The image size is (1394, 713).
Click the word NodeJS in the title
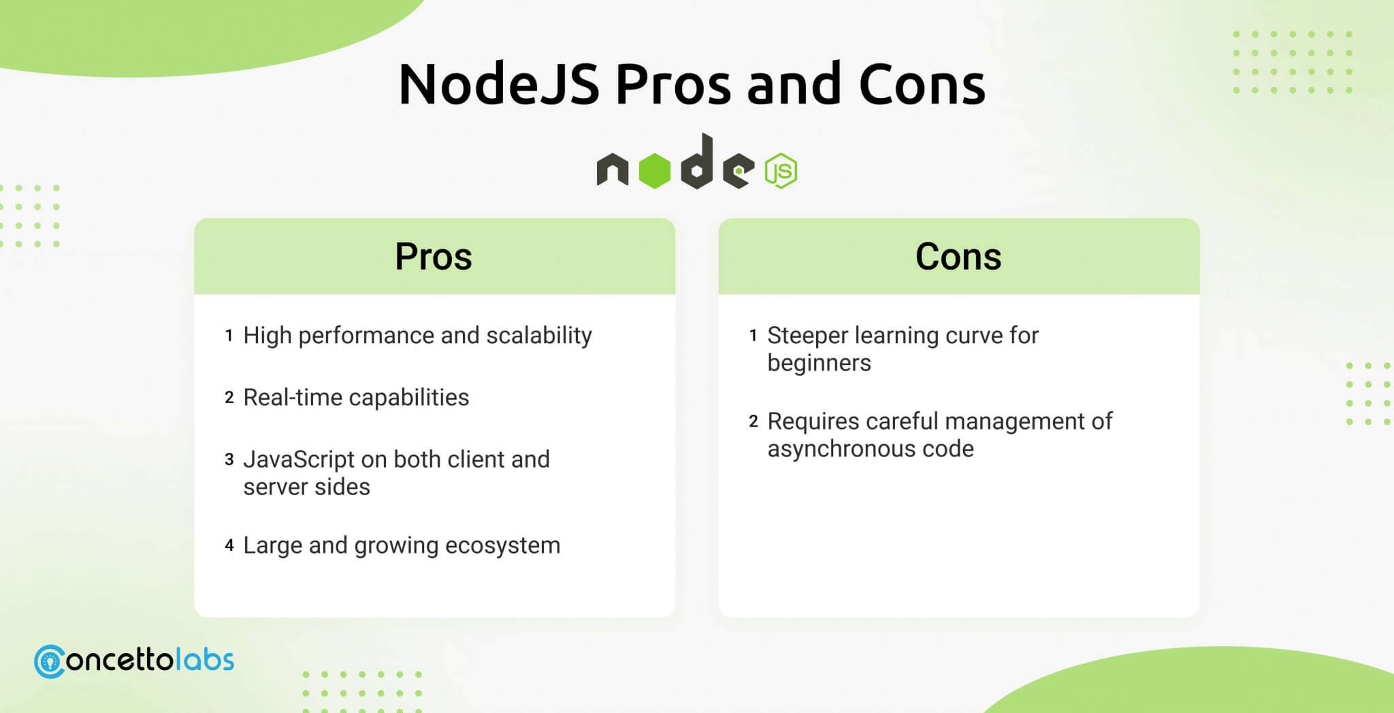499,84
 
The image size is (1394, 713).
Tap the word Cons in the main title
922,84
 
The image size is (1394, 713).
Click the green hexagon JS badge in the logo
781,170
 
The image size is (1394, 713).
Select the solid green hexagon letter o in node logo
655,170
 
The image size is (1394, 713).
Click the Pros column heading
434,257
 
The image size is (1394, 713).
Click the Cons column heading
958,257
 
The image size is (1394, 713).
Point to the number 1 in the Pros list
229,335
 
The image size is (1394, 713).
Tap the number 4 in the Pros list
229,545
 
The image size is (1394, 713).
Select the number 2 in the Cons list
753,421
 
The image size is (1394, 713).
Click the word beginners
820,364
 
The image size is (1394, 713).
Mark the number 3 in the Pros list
229,459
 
